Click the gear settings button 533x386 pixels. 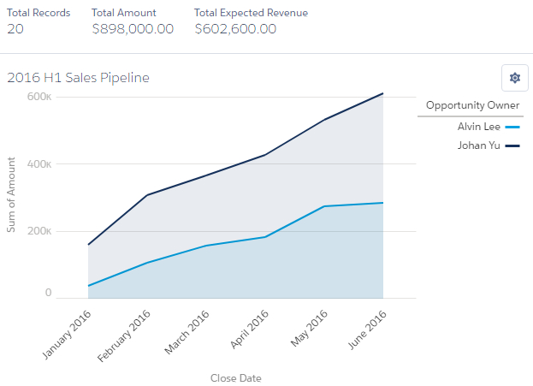point(514,78)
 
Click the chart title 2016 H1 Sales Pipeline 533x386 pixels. point(78,78)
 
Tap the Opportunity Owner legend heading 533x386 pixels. point(472,105)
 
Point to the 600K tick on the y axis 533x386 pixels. point(39,97)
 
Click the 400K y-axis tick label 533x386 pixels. point(39,163)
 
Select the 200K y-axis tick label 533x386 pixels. point(39,231)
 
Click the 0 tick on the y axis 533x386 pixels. point(48,293)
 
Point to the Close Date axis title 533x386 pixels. point(236,377)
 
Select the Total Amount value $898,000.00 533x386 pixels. point(133,29)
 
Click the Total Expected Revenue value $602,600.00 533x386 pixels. point(235,29)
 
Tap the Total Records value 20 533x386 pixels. point(16,29)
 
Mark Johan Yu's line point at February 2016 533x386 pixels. point(147,195)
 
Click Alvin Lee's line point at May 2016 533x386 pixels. point(324,206)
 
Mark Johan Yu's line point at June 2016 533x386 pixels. point(382,93)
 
